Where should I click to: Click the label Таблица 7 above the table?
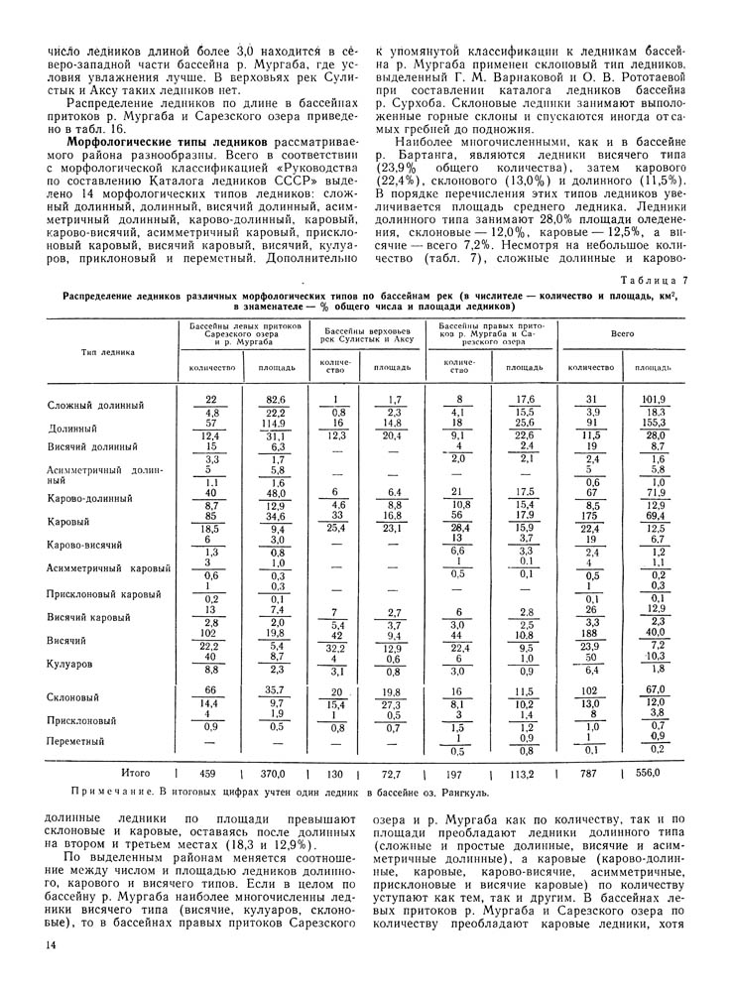pyautogui.click(x=652, y=282)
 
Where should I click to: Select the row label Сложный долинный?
pyautogui.click(x=96, y=405)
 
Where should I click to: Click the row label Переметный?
pyautogui.click(x=76, y=740)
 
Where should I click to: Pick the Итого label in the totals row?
pyautogui.click(x=135, y=771)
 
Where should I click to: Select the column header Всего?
pyautogui.click(x=623, y=336)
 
